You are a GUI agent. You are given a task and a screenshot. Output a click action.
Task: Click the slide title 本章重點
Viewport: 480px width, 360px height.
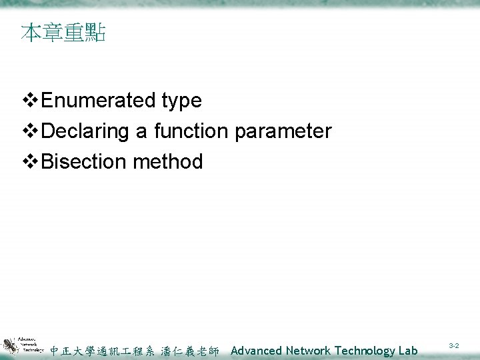pyautogui.click(x=63, y=33)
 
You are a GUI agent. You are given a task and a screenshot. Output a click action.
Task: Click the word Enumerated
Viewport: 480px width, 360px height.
pyautogui.click(x=99, y=101)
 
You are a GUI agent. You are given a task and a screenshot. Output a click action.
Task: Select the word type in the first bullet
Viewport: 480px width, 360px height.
pyautogui.click(x=181, y=101)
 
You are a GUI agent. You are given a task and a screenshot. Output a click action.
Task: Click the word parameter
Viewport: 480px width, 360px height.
pyautogui.click(x=283, y=132)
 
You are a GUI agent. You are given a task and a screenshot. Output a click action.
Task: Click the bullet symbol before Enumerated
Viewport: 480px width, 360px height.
pyautogui.click(x=31, y=101)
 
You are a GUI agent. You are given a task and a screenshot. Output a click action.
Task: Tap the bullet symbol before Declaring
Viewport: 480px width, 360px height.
pyautogui.click(x=31, y=131)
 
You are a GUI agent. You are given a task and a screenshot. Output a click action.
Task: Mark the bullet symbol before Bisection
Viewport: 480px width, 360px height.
pyautogui.click(x=31, y=161)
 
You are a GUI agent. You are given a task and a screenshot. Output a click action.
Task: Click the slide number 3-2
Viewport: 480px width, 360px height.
pyautogui.click(x=453, y=347)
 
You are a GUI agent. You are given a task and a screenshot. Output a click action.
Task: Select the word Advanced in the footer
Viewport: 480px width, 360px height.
pyautogui.click(x=257, y=351)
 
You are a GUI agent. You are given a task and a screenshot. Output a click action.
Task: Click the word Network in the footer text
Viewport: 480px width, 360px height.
pyautogui.click(x=309, y=351)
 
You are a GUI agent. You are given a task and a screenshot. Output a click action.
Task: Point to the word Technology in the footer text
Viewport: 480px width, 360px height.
pyautogui.click(x=365, y=351)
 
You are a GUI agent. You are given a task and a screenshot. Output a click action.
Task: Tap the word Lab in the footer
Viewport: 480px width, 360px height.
pyautogui.click(x=408, y=351)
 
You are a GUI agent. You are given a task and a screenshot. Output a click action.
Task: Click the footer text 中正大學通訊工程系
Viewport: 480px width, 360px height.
pyautogui.click(x=103, y=351)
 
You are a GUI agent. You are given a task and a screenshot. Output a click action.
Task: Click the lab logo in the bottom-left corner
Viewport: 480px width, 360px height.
pyautogui.click(x=23, y=345)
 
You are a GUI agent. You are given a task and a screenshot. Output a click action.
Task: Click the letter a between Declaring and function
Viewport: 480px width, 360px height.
pyautogui.click(x=141, y=132)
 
